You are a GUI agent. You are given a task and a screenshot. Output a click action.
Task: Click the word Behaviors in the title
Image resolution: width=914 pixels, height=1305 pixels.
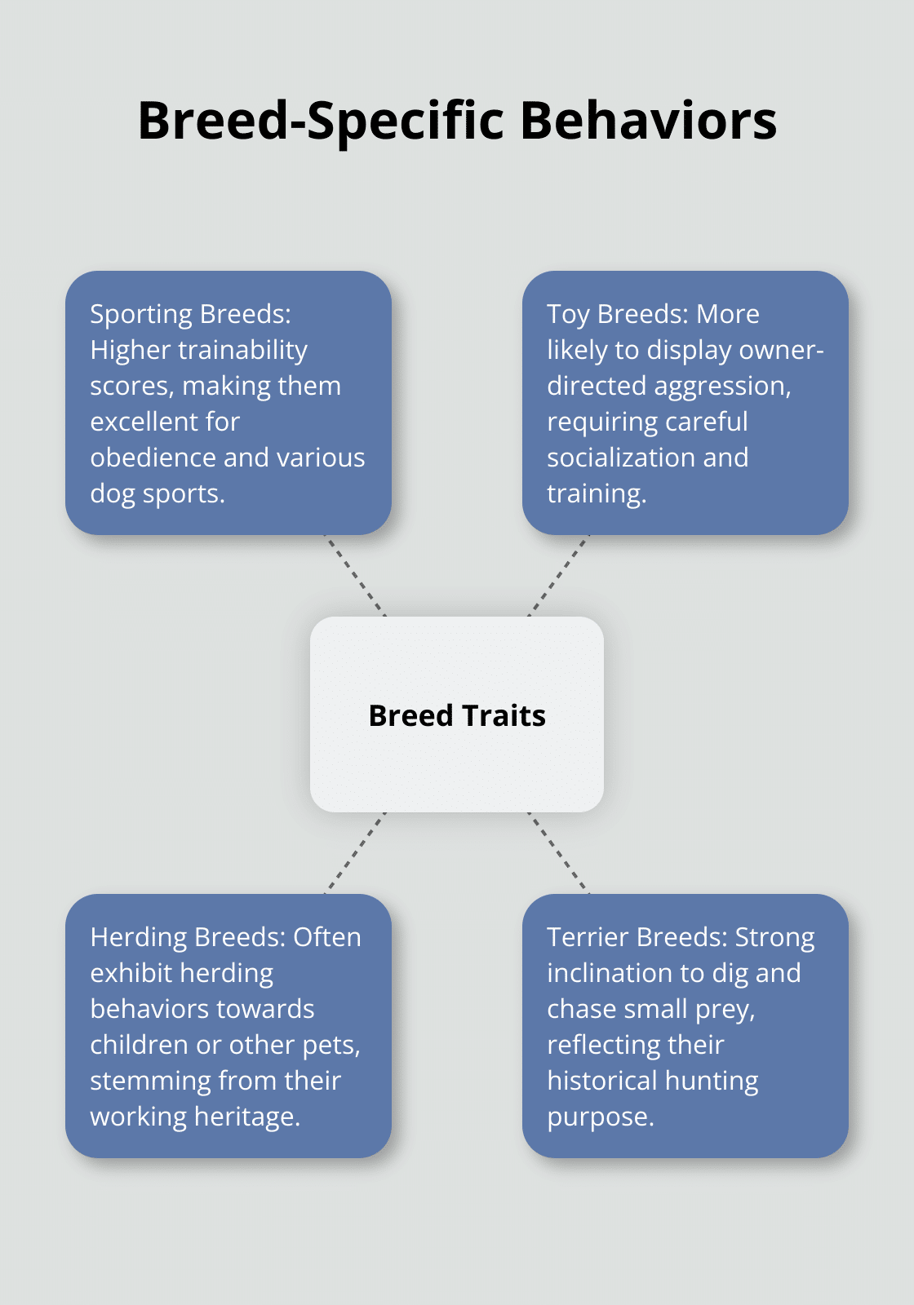(648, 121)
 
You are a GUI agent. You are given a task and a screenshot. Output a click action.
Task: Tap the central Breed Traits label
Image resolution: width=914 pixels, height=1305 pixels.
(457, 715)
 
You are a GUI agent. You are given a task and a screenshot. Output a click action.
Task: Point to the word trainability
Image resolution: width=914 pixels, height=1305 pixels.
(242, 350)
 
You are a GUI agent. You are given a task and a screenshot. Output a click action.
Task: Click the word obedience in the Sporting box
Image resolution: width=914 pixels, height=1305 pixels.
(152, 458)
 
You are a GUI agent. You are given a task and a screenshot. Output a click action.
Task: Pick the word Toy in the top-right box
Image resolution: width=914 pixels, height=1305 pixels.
(568, 315)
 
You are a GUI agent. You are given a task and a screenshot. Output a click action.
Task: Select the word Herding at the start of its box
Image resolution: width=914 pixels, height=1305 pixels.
(138, 938)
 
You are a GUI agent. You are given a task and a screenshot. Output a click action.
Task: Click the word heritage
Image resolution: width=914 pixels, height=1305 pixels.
(246, 1118)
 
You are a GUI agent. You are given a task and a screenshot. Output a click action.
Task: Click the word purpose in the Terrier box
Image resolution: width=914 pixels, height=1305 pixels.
(601, 1118)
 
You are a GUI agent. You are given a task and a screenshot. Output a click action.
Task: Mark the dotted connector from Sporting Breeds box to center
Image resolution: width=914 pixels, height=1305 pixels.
(355, 576)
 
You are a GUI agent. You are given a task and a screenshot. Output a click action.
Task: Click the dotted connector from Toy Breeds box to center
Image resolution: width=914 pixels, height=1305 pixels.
(558, 576)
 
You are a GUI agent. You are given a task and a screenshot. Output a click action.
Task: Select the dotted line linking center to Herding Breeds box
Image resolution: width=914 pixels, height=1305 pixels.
(355, 853)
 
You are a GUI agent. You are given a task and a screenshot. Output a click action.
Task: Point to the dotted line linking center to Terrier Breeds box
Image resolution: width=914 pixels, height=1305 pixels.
(558, 853)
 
